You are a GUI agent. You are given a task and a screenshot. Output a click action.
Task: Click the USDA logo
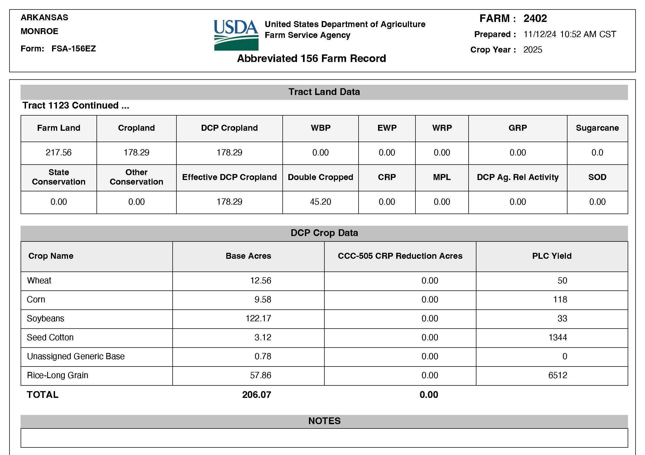236,35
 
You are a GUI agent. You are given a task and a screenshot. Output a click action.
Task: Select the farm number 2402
535,18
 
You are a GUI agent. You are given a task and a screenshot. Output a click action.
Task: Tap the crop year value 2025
533,50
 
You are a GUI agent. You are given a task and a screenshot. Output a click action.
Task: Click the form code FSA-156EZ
74,48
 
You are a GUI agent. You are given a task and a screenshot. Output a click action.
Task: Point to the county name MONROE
40,31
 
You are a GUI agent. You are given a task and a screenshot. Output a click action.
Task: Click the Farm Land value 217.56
59,153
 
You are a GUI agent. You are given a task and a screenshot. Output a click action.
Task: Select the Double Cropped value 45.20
320,202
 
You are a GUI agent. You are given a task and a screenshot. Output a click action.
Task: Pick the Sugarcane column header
597,128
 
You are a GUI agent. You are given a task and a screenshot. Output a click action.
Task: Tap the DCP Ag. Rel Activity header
517,177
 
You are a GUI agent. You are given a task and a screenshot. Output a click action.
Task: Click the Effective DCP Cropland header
229,177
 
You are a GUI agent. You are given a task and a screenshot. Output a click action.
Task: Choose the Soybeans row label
46,318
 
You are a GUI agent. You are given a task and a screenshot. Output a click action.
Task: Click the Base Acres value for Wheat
260,280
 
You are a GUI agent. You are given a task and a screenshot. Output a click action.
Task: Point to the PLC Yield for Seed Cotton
558,337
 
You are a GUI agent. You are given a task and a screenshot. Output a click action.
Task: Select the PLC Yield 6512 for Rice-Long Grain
558,375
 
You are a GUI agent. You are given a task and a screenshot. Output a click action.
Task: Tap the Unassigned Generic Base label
76,356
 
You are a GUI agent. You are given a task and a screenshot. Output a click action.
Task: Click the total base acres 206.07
256,395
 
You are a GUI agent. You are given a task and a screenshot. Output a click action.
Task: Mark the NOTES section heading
324,421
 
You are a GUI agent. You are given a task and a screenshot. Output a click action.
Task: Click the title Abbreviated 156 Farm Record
311,59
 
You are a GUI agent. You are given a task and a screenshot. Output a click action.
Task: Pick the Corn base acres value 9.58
263,300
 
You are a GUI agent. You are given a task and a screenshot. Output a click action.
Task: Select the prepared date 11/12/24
540,34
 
